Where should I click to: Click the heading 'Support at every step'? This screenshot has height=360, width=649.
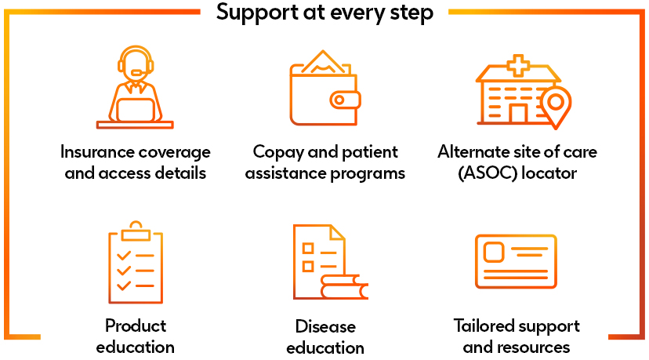324,13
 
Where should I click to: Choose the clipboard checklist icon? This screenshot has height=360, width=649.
135,262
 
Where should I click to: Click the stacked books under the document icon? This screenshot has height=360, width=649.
343,287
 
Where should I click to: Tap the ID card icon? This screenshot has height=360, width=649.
516,261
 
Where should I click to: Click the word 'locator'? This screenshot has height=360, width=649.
549,173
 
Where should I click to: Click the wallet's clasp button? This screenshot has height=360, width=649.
343,100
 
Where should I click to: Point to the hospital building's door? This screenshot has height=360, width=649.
517,114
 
